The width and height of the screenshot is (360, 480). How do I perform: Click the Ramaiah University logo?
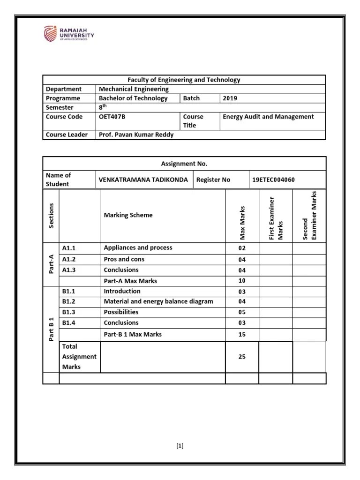pos(69,34)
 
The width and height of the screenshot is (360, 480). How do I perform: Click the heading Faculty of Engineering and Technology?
pos(184,80)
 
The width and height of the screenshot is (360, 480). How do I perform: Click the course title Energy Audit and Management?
pos(269,117)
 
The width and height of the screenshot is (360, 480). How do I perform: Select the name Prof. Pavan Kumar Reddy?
pos(135,135)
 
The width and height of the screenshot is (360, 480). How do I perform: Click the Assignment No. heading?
pos(184,164)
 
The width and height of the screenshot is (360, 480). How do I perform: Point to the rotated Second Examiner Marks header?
pos(309,216)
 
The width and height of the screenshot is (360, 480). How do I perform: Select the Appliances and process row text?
pos(138,247)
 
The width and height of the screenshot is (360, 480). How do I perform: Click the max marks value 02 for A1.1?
pos(241,248)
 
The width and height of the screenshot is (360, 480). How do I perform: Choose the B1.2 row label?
pos(69,301)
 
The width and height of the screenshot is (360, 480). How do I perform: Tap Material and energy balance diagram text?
pos(158,301)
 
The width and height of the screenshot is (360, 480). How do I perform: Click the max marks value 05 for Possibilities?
pos(241,313)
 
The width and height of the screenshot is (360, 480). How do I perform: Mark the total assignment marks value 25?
pos(241,357)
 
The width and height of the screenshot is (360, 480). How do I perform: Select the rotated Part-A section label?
pos(51,263)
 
